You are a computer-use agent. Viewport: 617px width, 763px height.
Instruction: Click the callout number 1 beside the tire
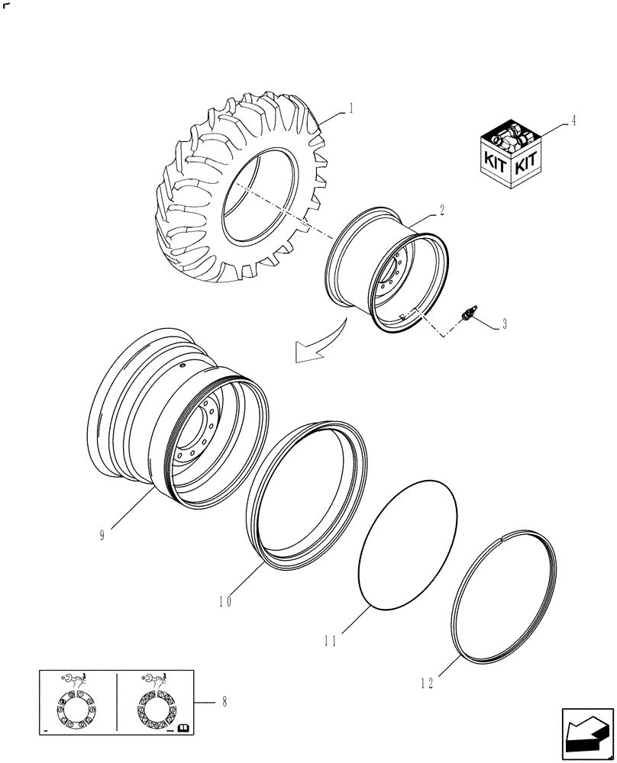(350, 108)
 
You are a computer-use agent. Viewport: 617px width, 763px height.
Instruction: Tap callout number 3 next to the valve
(505, 324)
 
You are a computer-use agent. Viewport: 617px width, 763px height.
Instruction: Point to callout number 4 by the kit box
(573, 120)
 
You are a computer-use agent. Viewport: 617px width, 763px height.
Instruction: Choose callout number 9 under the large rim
(102, 535)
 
